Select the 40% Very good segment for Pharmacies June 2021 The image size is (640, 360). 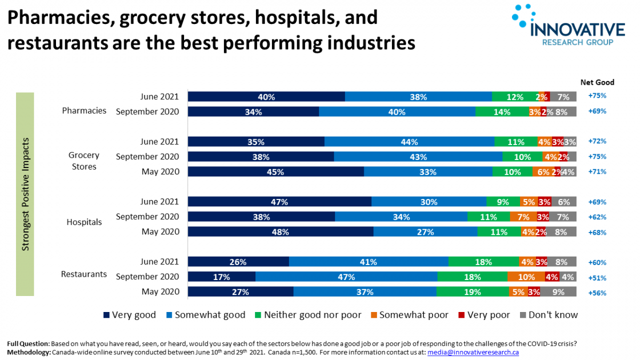coord(266,97)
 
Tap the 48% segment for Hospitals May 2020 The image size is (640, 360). coord(281,232)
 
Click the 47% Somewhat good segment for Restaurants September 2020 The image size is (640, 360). coord(346,277)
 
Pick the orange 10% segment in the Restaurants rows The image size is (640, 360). coord(526,277)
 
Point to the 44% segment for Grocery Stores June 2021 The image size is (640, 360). coord(409,142)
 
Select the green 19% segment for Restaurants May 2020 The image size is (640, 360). coord(473,292)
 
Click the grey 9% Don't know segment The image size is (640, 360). coord(558,292)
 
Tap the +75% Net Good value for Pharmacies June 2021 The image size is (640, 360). coord(597,97)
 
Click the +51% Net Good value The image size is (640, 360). coord(597,277)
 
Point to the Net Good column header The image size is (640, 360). coord(597,82)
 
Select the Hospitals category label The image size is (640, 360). coord(84,222)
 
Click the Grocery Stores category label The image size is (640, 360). coord(84,161)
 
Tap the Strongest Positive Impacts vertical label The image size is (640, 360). coord(25,195)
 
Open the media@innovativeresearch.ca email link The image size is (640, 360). coord(473,353)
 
